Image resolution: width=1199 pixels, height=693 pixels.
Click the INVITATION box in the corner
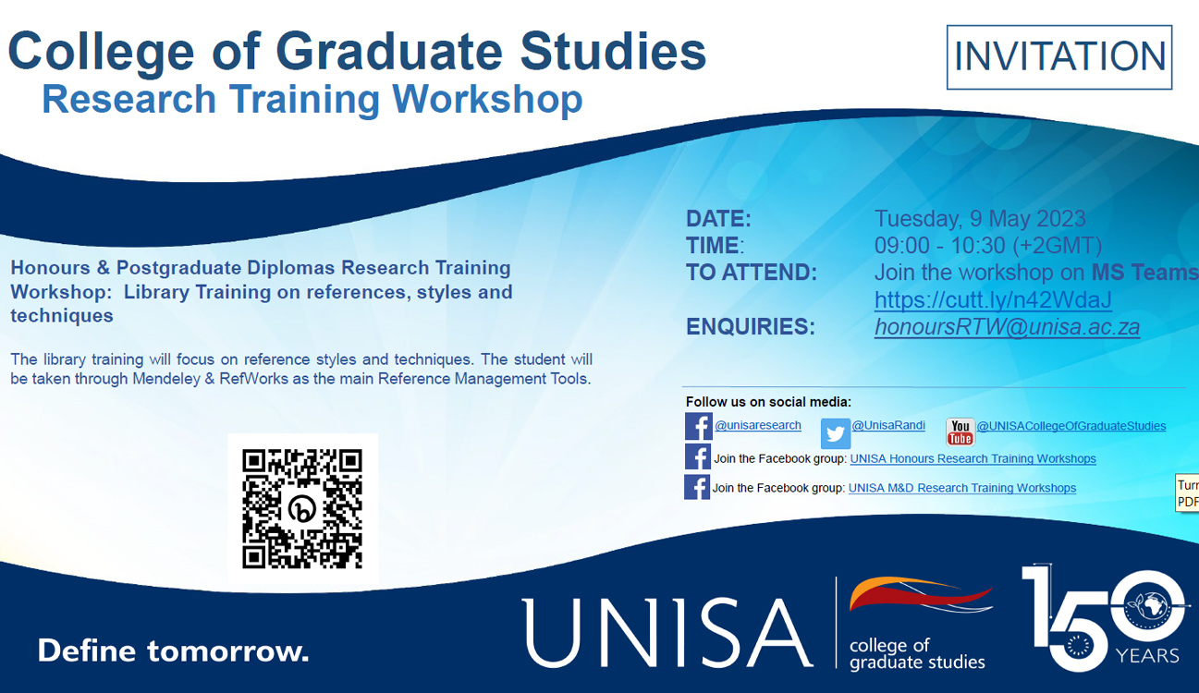tap(1059, 57)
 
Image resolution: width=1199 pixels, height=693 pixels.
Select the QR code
tap(302, 509)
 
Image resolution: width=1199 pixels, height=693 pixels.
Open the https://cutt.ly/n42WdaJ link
tap(993, 300)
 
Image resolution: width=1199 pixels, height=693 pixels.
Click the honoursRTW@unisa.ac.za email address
tap(1007, 327)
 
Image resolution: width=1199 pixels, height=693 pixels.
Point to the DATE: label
tap(718, 219)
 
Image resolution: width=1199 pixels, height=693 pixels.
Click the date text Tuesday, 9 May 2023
tap(980, 219)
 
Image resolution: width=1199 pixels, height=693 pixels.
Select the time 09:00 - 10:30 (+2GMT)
tap(988, 246)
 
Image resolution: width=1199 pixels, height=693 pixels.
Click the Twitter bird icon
tap(836, 433)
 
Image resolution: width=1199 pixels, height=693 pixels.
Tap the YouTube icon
tap(960, 432)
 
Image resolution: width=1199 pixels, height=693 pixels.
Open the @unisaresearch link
tap(757, 425)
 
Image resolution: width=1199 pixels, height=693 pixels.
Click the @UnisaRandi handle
tap(887, 425)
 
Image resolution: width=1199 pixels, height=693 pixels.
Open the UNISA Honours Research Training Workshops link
tap(973, 458)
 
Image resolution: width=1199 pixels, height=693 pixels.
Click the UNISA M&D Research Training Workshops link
tap(961, 488)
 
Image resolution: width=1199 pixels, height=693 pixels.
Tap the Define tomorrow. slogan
tap(173, 650)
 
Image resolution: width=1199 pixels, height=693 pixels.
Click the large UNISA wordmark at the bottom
tap(667, 632)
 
